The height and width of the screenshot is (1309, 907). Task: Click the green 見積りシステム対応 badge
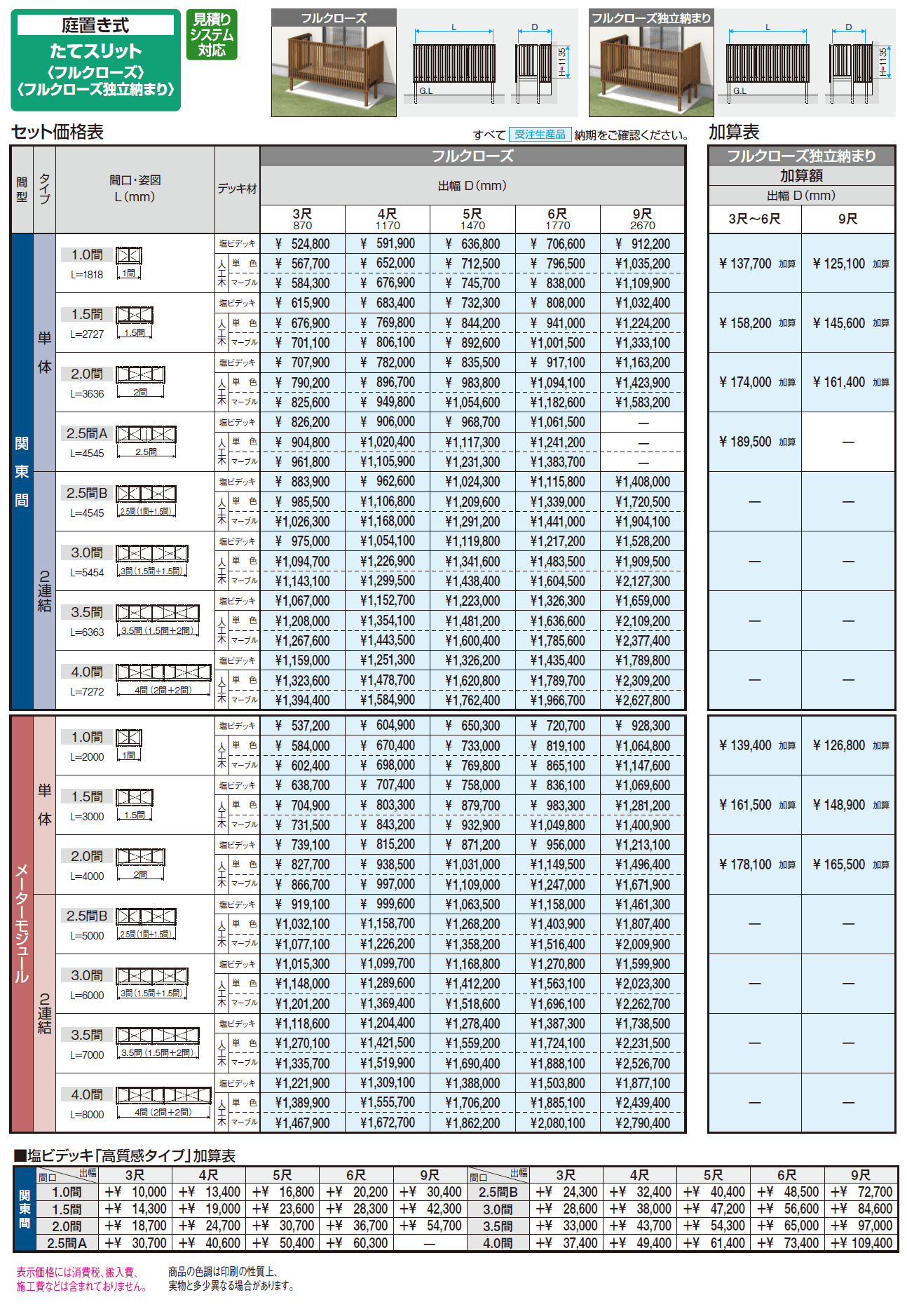[212, 34]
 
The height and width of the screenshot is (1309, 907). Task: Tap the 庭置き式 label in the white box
[95, 26]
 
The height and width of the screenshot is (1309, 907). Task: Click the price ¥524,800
[303, 244]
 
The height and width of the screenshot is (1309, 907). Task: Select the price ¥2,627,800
[643, 700]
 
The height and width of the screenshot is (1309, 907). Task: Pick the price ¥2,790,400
[643, 1123]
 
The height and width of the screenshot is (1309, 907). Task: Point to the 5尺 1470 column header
[472, 219]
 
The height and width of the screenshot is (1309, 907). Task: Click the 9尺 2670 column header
[642, 219]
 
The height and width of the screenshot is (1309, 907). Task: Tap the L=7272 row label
[87, 692]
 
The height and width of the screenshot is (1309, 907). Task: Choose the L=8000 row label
[87, 1115]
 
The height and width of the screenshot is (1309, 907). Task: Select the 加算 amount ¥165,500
[840, 864]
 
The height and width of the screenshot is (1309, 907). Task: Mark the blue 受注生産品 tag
[540, 135]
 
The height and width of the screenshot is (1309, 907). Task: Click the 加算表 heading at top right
[734, 132]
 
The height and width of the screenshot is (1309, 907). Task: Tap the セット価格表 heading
[57, 132]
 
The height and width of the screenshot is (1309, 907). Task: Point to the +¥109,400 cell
[861, 1243]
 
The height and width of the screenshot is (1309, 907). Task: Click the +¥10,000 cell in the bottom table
[136, 1192]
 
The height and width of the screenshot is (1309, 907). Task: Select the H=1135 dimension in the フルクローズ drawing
[562, 62]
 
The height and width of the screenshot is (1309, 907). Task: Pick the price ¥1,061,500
[558, 422]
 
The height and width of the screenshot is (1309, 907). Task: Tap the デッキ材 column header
[237, 189]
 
